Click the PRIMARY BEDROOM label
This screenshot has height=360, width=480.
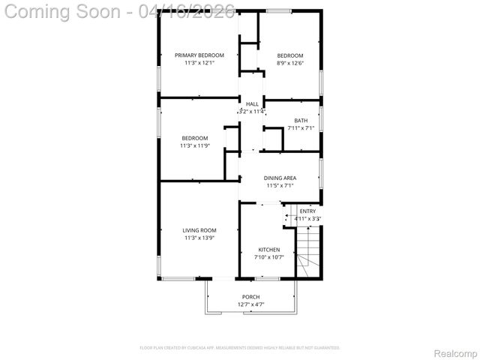[199, 55]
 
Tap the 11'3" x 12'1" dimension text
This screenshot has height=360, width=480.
[199, 63]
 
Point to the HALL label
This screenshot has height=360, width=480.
[252, 104]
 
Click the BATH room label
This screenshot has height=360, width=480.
[301, 121]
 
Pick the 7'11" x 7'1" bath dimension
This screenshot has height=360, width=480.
[301, 128]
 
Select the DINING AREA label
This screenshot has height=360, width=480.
[280, 178]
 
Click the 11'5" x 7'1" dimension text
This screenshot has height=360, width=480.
[280, 185]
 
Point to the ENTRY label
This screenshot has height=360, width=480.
[307, 211]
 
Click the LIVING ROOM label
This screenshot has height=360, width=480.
[199, 230]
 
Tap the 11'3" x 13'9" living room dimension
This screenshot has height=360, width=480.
[199, 238]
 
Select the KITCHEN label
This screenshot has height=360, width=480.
[269, 250]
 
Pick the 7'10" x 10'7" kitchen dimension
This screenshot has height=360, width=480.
[269, 257]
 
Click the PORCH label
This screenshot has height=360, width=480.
[250, 297]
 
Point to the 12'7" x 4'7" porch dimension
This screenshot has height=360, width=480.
[250, 304]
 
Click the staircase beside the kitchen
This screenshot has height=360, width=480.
[308, 252]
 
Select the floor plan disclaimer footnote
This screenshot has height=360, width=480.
[240, 348]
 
